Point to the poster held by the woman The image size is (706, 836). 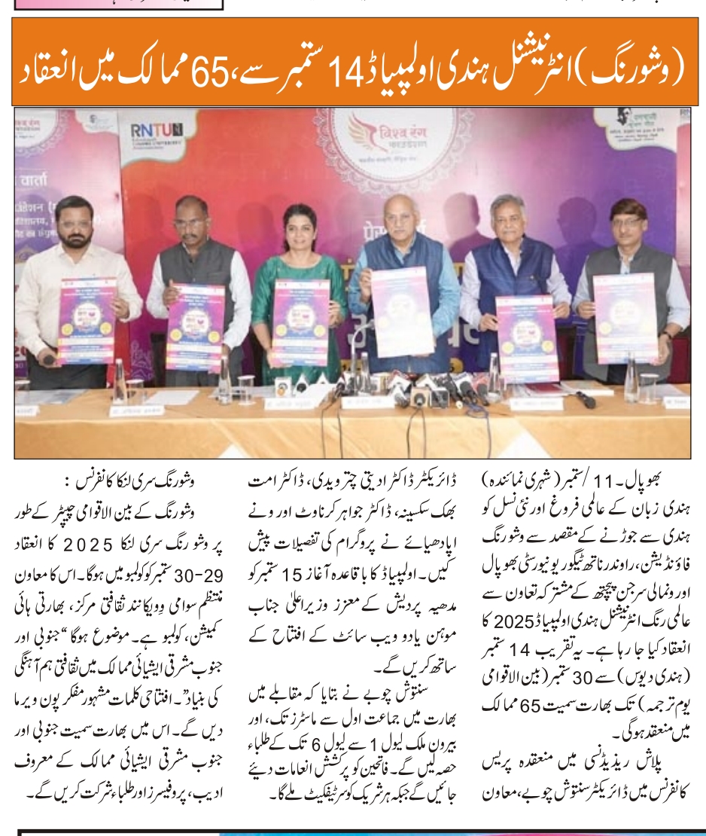pos(300,322)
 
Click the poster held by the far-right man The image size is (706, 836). pos(625,320)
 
